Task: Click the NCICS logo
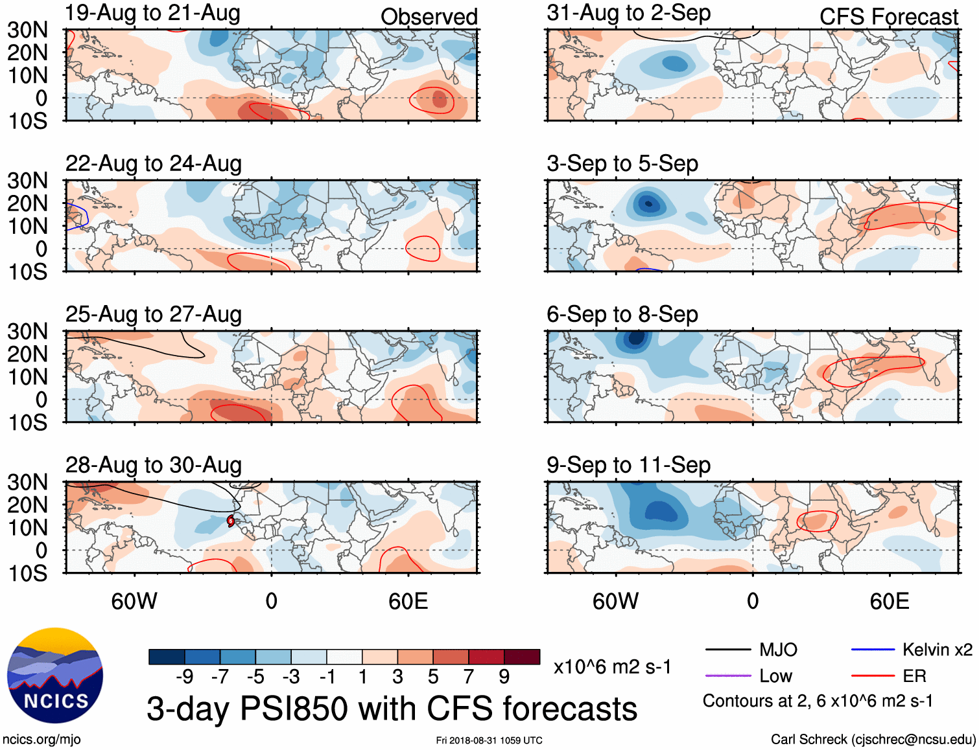(x=55, y=676)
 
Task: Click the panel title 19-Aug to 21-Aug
(x=153, y=13)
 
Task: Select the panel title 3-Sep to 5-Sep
(x=622, y=164)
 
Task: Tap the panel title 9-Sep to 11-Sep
(x=628, y=465)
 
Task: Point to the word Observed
(x=429, y=17)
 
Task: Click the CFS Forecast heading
(x=888, y=17)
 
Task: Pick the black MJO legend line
(x=728, y=650)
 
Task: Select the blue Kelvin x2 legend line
(x=873, y=650)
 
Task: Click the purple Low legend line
(x=728, y=676)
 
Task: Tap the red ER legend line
(x=873, y=676)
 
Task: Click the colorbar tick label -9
(x=184, y=677)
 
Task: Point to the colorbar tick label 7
(x=468, y=677)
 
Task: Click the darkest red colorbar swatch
(x=522, y=657)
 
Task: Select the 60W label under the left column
(x=134, y=601)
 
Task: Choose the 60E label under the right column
(x=890, y=601)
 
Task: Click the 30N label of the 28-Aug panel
(x=27, y=483)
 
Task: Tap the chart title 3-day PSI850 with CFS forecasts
(x=392, y=709)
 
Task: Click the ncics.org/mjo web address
(x=41, y=740)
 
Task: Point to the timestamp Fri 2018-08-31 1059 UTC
(x=489, y=740)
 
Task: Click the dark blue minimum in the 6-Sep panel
(x=636, y=337)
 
